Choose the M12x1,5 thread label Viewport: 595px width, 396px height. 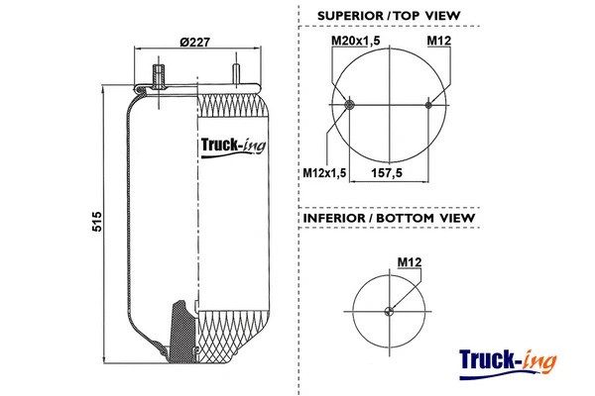(323, 174)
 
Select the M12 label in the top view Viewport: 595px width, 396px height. (439, 41)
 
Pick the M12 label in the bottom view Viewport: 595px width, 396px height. (410, 261)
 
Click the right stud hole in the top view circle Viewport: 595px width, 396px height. (428, 105)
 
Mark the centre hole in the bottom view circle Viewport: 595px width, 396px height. (390, 313)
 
